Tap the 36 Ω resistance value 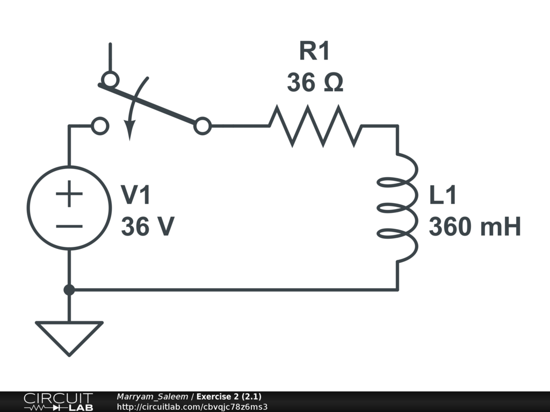tap(315, 83)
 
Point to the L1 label tap(443, 196)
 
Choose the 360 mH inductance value tap(475, 227)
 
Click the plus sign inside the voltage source tap(69, 194)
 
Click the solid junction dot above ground tap(69, 290)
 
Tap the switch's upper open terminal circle tap(110, 80)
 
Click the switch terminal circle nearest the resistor tap(202, 126)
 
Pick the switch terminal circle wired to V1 tap(100, 126)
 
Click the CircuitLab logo tap(57, 402)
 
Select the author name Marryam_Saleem tap(152, 396)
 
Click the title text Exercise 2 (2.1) tap(229, 396)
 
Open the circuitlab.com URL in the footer tap(192, 406)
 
